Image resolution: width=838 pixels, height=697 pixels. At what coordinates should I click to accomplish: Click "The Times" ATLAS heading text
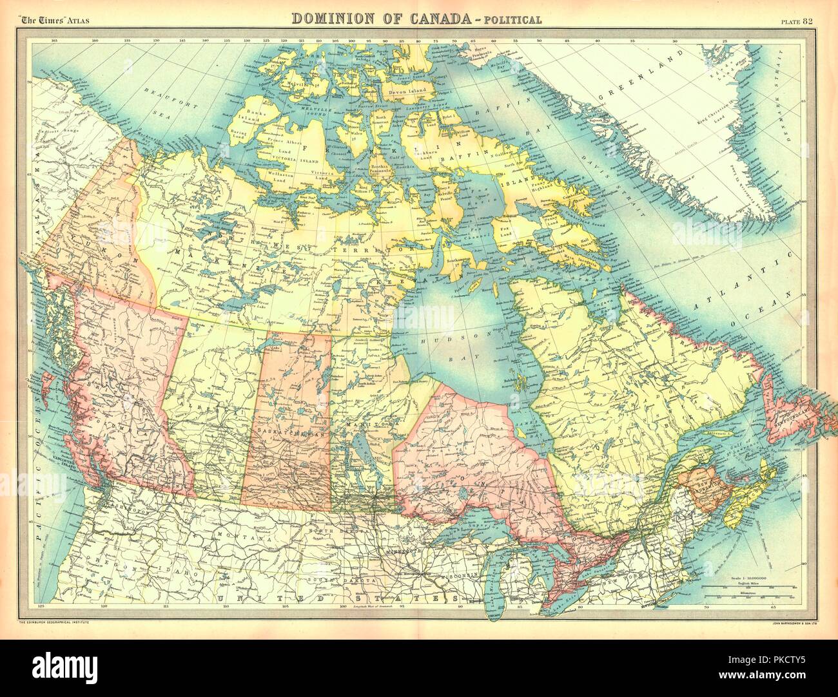(x=55, y=20)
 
